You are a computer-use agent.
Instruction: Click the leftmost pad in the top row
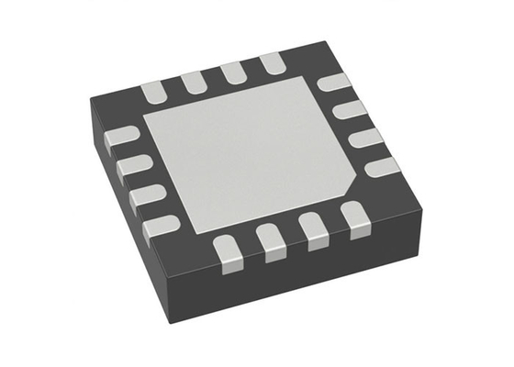(x=153, y=89)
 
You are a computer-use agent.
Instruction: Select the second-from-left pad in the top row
(x=194, y=81)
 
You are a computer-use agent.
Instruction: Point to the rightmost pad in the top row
(x=272, y=64)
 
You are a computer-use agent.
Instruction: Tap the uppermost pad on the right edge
(x=333, y=83)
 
